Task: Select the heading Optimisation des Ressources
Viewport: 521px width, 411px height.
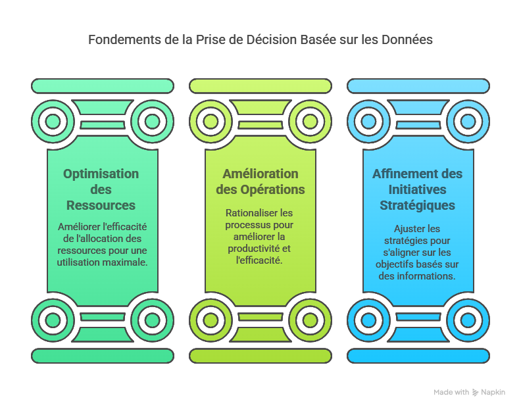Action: tap(101, 189)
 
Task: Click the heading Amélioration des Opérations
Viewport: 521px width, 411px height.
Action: tap(260, 181)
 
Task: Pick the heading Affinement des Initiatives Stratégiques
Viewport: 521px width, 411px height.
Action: tap(418, 189)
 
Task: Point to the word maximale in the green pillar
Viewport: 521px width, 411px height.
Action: tap(126, 262)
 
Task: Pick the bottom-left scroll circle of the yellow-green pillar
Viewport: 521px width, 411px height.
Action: tap(211, 320)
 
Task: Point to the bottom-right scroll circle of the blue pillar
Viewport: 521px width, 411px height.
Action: tap(468, 320)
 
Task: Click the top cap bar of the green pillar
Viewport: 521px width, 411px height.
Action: tap(103, 86)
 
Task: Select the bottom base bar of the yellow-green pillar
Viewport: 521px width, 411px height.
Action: tap(260, 356)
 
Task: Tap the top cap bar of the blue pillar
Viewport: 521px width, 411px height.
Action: tap(418, 86)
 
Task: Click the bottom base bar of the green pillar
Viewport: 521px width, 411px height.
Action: tap(103, 356)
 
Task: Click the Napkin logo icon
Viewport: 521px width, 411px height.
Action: tap(476, 392)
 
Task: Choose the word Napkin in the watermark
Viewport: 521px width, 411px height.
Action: tap(493, 392)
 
